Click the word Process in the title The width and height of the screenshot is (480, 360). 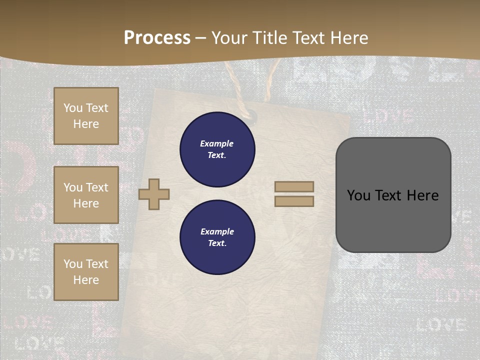[x=157, y=38]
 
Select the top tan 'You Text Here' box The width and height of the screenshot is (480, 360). [x=86, y=116]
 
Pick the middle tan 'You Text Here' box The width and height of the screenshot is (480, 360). [x=86, y=195]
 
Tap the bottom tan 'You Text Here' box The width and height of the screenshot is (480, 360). [x=86, y=272]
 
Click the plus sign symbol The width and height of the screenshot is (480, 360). [x=154, y=194]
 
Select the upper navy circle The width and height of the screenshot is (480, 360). [x=217, y=149]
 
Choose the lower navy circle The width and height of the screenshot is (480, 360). [x=217, y=237]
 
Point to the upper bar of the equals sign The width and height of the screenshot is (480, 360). [x=294, y=186]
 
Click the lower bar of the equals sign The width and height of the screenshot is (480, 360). [x=294, y=201]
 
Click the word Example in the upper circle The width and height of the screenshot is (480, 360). [x=217, y=143]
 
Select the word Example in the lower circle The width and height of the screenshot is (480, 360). [x=217, y=231]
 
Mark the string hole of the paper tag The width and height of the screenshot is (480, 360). [x=251, y=117]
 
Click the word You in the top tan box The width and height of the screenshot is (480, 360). [x=72, y=108]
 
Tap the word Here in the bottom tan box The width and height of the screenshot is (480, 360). [x=86, y=280]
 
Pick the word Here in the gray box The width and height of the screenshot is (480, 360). [x=422, y=195]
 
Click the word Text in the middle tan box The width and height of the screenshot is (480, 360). [x=96, y=187]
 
